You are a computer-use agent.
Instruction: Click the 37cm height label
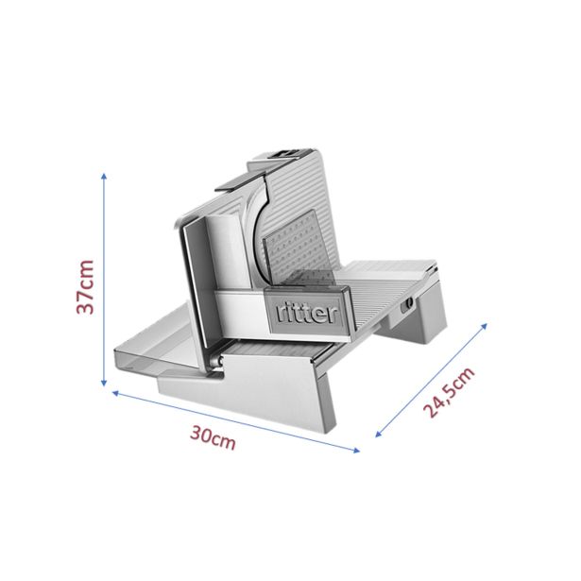tap(85, 287)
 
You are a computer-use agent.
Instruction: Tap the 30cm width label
tap(213, 437)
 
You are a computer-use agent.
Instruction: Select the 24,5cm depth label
tap(449, 392)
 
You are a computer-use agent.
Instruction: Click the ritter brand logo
tap(307, 313)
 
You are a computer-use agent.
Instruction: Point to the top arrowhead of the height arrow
tap(104, 176)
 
